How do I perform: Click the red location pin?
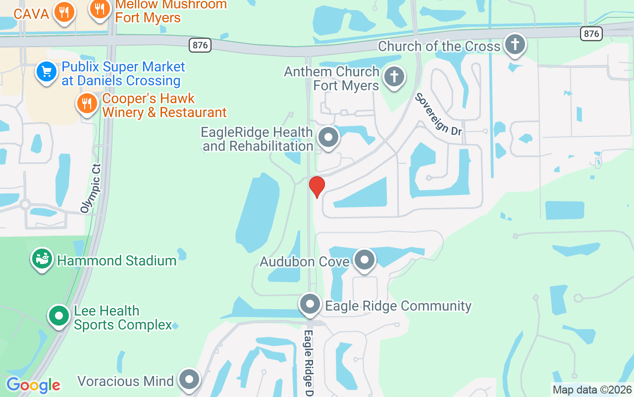point(317,186)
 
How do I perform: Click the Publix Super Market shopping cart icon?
point(47,72)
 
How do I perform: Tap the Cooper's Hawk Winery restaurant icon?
point(87,103)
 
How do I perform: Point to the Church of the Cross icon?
point(515,45)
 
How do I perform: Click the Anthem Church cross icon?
point(394,77)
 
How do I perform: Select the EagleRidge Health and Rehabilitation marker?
point(327,137)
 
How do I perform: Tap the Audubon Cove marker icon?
point(365,260)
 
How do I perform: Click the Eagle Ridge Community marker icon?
point(311,303)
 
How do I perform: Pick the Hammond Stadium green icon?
point(42,259)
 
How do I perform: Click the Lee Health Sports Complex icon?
point(59,315)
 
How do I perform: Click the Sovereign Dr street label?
point(439,114)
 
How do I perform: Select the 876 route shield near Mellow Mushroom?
point(200,45)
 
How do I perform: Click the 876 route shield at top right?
point(591,33)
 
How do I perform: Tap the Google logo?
point(33,385)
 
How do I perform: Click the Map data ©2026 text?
point(592,390)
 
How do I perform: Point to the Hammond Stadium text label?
point(117,261)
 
